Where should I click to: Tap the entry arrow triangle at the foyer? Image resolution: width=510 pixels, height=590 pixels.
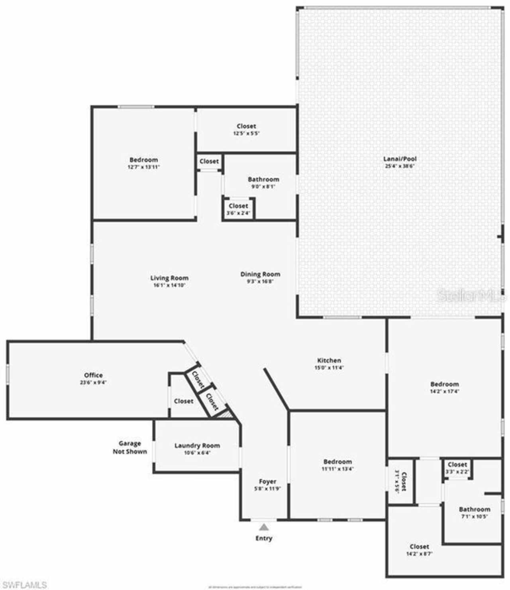tap(264, 527)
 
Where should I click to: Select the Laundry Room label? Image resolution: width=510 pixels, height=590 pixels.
tap(197, 445)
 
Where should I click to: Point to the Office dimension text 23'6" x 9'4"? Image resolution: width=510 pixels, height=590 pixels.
tap(93, 383)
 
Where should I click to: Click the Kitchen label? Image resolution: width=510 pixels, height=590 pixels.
tap(329, 360)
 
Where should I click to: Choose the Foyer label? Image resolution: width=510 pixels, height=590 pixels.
tap(268, 481)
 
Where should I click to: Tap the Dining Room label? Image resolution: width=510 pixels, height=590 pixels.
tap(260, 274)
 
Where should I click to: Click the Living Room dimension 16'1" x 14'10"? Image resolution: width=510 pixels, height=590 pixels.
tap(169, 285)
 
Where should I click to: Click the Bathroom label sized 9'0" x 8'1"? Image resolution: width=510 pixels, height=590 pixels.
tap(263, 179)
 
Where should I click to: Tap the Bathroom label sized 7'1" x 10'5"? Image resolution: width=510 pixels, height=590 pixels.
tap(475, 509)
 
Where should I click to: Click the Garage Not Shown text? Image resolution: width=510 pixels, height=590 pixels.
tap(130, 447)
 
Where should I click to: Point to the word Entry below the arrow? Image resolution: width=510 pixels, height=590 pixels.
tap(264, 538)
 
